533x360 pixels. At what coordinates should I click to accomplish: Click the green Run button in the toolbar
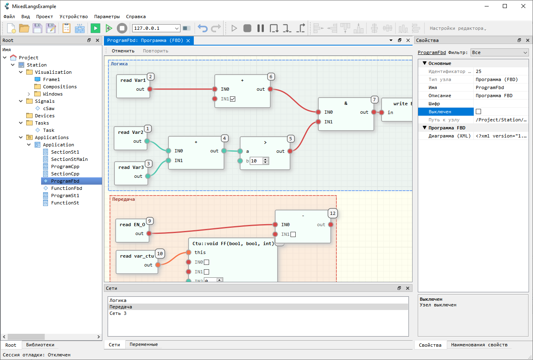tap(95, 28)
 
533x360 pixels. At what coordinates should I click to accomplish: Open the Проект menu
tap(44, 17)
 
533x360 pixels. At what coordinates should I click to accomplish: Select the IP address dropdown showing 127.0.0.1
tap(156, 28)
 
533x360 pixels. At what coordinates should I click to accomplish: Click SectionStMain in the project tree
tap(69, 159)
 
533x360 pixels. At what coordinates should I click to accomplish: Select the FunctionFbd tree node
tap(66, 188)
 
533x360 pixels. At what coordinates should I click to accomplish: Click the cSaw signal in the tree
tap(48, 108)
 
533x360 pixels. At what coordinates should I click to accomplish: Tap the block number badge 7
tap(374, 99)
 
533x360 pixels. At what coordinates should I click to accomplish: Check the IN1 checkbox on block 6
tap(233, 99)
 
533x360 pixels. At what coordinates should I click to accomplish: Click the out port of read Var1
tap(150, 89)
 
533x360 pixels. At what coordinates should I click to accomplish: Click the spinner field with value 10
tap(259, 161)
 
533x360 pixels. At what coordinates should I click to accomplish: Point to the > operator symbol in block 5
tap(265, 142)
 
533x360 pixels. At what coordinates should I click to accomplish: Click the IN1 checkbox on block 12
tap(293, 234)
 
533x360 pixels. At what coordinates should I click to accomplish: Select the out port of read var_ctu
tap(158, 264)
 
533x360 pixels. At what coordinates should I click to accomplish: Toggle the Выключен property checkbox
tap(478, 111)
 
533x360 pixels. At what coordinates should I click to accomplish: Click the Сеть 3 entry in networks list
tap(118, 313)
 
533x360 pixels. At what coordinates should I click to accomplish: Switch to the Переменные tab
tap(143, 344)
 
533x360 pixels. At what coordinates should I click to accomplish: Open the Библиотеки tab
tap(40, 345)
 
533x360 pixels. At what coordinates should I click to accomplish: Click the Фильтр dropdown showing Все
tap(500, 52)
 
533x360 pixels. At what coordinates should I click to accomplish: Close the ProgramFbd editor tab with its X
tap(188, 40)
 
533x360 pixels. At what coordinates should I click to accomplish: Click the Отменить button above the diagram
tap(123, 51)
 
